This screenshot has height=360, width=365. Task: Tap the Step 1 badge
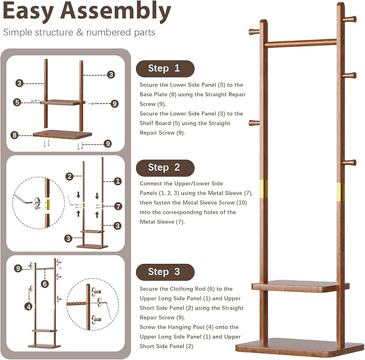pyautogui.click(x=164, y=68)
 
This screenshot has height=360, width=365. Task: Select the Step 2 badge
pyautogui.click(x=164, y=168)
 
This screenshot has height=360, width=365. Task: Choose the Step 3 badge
pyautogui.click(x=164, y=272)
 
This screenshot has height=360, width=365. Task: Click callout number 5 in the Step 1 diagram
pyautogui.click(x=17, y=102)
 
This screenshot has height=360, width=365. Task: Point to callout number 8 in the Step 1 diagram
pyautogui.click(x=15, y=135)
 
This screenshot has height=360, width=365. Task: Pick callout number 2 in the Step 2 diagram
pyautogui.click(x=69, y=176)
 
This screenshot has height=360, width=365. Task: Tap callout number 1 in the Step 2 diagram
pyautogui.click(x=118, y=182)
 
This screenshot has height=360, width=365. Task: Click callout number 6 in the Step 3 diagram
pyautogui.click(x=45, y=284)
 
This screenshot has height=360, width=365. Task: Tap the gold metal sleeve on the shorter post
pyautogui.click(x=263, y=188)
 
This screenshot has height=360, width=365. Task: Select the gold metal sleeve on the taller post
pyautogui.click(x=340, y=190)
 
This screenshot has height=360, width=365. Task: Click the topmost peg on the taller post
pyautogui.click(x=349, y=20)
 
